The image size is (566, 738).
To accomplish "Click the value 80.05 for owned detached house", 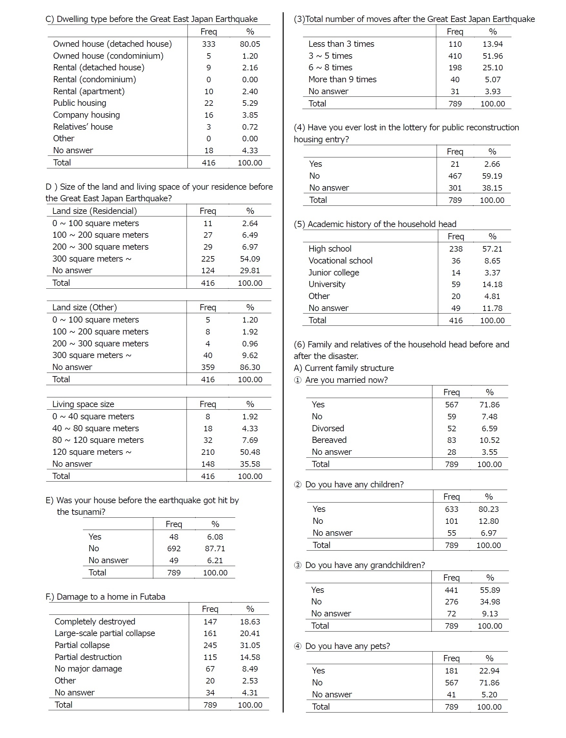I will point(250,44).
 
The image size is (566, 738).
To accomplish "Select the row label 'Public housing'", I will point(79,103).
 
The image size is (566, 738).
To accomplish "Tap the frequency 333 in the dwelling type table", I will point(208,44).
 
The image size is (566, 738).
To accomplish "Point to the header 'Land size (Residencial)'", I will point(94,211).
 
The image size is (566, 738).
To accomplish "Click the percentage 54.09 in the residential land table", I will point(250,259).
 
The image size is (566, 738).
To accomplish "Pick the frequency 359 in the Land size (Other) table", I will point(207,367).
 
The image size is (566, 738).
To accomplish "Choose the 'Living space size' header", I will point(83,404).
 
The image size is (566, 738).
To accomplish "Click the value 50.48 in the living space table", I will point(250,452).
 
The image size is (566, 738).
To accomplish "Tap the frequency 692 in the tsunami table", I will point(174,549).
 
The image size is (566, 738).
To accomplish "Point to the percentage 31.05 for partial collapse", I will point(250,645).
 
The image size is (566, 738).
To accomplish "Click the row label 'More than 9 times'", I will point(342,79).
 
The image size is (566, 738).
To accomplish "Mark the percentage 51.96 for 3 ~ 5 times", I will point(492,56).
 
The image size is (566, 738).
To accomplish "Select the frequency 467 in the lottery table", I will point(455,176).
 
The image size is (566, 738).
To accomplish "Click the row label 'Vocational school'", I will point(340,261).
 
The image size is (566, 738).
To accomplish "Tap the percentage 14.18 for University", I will point(492,284).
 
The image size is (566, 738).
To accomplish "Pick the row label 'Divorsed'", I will point(328,429).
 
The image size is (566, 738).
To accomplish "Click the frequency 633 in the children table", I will point(451,509).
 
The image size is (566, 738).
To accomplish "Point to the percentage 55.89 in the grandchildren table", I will point(490,590).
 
